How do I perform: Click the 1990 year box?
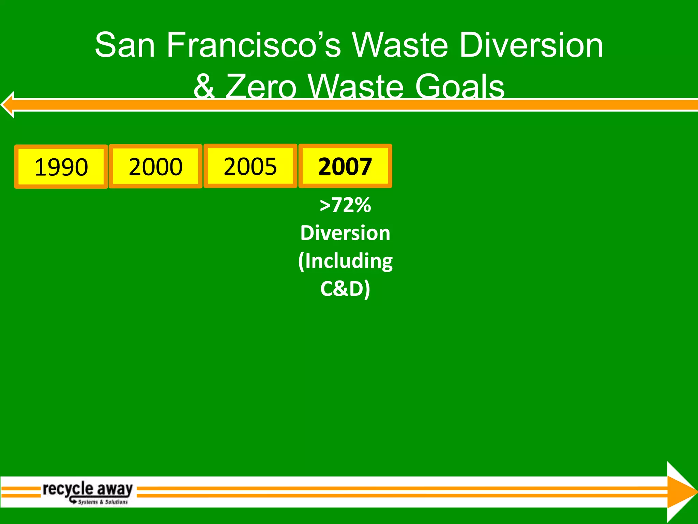tap(61, 166)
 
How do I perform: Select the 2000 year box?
tap(155, 166)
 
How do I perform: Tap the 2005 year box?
tap(250, 166)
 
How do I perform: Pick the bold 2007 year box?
tap(345, 166)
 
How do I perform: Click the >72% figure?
tap(345, 205)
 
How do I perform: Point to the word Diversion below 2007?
tap(345, 233)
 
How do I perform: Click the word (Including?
tap(345, 261)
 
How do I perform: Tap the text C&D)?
tap(345, 289)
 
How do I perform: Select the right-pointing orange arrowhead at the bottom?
tap(680, 492)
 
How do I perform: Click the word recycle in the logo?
tap(68, 489)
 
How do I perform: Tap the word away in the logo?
tap(115, 489)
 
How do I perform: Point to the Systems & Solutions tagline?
tap(102, 502)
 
